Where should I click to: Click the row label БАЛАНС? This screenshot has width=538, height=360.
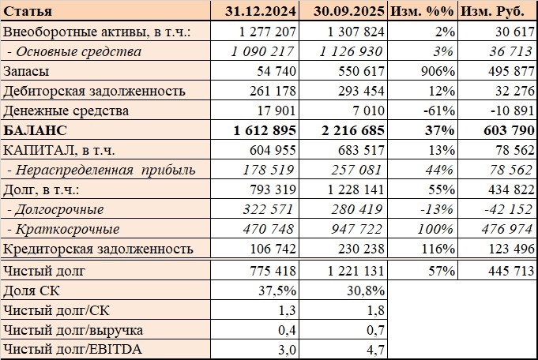click(36, 130)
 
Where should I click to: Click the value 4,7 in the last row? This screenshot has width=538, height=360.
click(375, 348)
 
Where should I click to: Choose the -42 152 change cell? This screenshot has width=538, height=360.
click(506, 209)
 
